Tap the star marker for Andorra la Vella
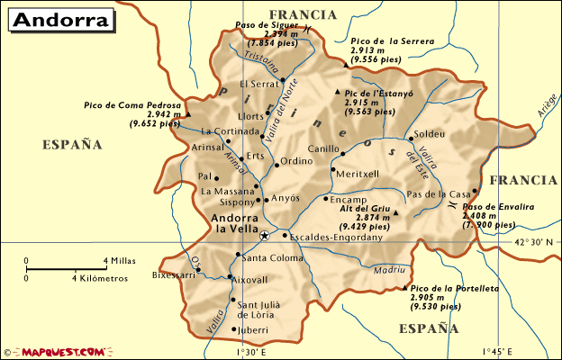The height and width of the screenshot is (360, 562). tap(264, 236)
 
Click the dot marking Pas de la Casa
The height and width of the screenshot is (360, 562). tap(475, 191)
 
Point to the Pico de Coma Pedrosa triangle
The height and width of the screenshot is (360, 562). tap(189, 114)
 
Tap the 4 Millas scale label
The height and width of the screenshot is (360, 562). tap(120, 261)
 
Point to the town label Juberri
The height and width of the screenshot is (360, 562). tap(255, 330)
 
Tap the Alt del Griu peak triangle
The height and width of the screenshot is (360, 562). tap(395, 213)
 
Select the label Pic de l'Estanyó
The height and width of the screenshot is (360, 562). tap(378, 93)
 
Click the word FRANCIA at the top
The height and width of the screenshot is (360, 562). tap(302, 14)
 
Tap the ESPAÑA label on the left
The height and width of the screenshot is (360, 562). tap(72, 144)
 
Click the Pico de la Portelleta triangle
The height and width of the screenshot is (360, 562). tap(403, 289)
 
